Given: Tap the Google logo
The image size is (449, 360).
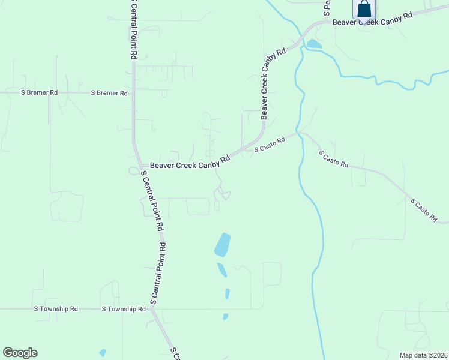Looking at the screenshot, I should click(20, 353).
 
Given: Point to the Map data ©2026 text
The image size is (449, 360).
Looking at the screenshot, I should click(423, 355).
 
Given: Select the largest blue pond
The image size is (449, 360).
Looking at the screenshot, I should click(222, 245).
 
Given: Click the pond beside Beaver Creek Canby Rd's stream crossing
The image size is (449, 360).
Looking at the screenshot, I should click(313, 44).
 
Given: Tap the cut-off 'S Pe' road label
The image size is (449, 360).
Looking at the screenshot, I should click(327, 7).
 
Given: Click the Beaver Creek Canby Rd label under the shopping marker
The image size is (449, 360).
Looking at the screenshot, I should click(372, 19).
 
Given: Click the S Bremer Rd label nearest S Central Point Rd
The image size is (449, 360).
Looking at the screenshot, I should click(109, 93).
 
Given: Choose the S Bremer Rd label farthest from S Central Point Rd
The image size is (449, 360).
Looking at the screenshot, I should click(40, 93).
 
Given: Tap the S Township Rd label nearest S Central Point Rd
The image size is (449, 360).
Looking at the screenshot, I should click(124, 309).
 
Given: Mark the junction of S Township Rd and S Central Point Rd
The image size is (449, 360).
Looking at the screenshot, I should click(151, 309).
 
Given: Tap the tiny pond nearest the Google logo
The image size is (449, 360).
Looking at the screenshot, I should click(103, 353).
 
